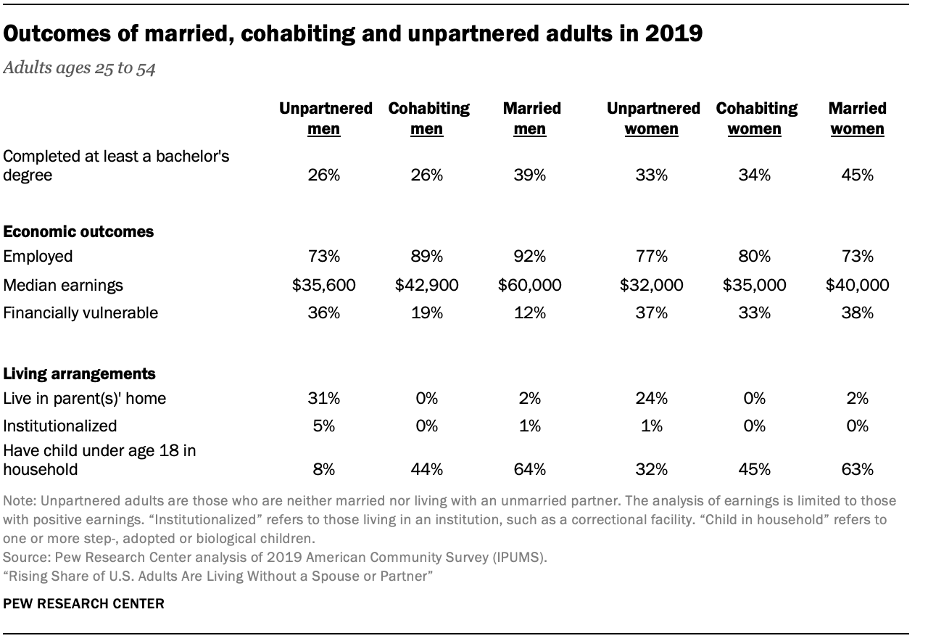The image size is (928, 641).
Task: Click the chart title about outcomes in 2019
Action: (353, 34)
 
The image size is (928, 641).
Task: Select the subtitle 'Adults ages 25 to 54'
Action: (79, 70)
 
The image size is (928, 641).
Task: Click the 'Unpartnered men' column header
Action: (326, 118)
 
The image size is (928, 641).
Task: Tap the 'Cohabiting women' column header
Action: (756, 118)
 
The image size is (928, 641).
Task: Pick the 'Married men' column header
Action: (531, 118)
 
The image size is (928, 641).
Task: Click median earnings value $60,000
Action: (530, 285)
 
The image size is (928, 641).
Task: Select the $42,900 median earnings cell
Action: (426, 285)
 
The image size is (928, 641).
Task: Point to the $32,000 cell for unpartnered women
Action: (651, 285)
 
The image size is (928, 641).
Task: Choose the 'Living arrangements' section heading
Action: (79, 374)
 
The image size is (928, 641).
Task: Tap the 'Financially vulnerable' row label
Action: (80, 313)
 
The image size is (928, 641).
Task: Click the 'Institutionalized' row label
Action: (60, 426)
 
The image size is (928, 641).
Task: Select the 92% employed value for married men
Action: (530, 256)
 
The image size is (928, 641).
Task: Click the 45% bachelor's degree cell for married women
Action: (857, 175)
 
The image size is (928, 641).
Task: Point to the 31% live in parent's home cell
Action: (323, 398)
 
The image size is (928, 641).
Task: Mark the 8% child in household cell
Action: (323, 469)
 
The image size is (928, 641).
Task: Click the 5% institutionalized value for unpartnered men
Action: (323, 426)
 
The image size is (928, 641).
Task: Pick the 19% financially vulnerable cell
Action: (426, 313)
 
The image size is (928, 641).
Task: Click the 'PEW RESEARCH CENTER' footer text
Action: (83, 603)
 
